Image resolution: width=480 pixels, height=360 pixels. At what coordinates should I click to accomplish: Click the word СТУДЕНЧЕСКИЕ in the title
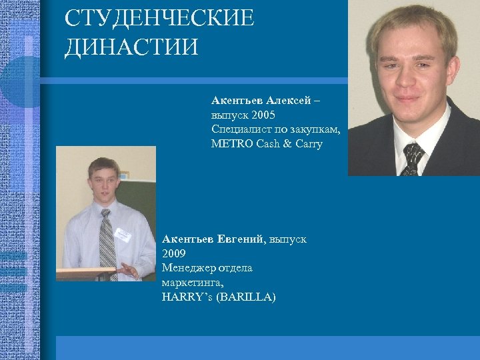pos(159,18)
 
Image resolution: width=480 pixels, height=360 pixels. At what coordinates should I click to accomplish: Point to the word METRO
pos(231,143)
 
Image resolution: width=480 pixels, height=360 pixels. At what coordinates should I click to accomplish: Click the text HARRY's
pos(187,297)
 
